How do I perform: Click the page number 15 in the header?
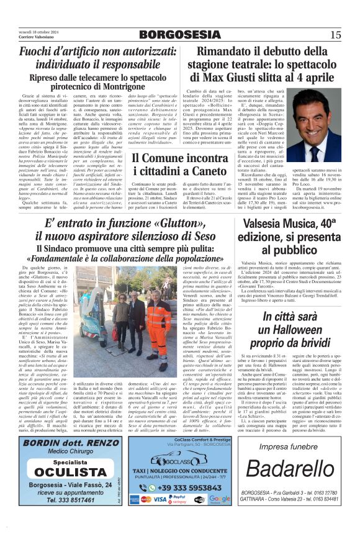pos(336,35)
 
